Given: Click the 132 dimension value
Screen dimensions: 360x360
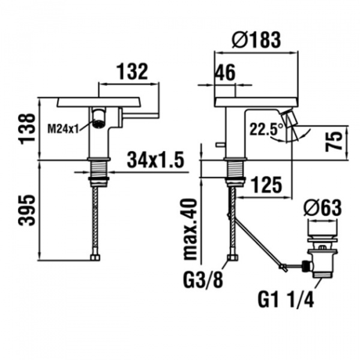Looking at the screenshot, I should click(132, 72).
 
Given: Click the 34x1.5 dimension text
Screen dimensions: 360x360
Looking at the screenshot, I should click(155, 161).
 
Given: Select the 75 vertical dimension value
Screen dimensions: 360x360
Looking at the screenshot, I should click(337, 142).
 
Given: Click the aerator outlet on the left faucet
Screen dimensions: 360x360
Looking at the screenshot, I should click(100, 118).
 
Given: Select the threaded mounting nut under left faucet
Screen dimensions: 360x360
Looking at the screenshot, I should click(100, 170).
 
